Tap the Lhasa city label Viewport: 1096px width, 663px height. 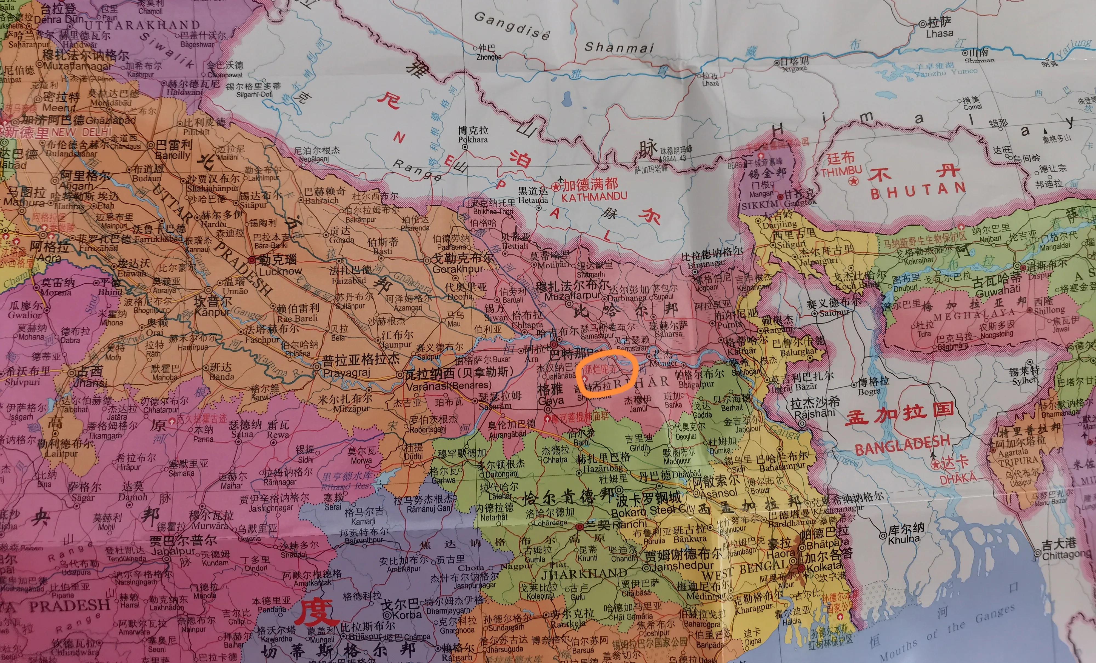(x=940, y=33)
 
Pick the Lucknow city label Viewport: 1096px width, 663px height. (x=280, y=271)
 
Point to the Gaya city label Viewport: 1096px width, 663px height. (x=551, y=400)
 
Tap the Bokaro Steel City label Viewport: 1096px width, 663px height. (x=652, y=512)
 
